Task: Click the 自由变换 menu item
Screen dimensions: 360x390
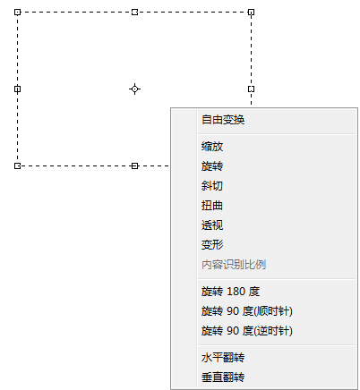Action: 223,120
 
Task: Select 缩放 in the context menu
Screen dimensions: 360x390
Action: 212,147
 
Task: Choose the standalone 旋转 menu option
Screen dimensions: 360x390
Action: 212,166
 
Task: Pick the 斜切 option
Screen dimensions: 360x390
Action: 212,186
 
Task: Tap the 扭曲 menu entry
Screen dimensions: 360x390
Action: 212,206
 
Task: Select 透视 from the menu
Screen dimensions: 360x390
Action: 212,225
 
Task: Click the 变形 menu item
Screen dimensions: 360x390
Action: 212,245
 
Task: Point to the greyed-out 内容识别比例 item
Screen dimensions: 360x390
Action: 234,265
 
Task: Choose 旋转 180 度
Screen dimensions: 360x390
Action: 230,292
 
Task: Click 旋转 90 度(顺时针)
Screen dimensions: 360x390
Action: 247,311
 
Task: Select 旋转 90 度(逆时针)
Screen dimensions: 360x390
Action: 247,331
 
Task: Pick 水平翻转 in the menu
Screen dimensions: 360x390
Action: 223,358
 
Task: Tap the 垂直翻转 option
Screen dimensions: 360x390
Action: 223,377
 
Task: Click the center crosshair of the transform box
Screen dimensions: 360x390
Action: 134,89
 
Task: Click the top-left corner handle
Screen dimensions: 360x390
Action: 18,12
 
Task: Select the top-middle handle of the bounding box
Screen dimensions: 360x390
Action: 134,12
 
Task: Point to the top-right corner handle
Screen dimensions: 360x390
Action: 252,12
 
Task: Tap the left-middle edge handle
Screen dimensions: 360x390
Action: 18,89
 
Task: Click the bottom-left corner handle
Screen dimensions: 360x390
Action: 18,165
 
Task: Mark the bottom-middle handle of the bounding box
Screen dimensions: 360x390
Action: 134,165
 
